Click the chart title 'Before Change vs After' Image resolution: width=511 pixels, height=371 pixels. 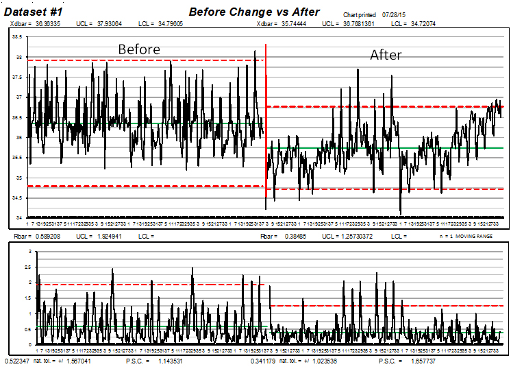tap(254, 12)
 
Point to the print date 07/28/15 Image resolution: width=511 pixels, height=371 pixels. tap(397, 14)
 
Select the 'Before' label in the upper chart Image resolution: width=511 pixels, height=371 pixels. tap(139, 49)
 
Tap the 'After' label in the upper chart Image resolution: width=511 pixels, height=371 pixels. tap(386, 56)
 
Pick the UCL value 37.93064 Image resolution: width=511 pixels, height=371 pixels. tap(109, 24)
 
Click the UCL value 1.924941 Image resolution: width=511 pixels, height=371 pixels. tap(108, 237)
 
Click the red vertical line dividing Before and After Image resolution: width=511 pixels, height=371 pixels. tap(266, 123)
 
